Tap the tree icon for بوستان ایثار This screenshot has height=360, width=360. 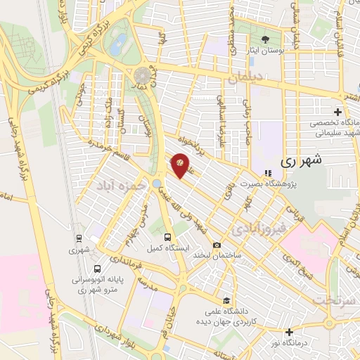pyautogui.click(x=265, y=39)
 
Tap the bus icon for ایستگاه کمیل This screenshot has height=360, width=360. pyautogui.click(x=167, y=237)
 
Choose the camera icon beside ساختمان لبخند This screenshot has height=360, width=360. pyautogui.click(x=216, y=244)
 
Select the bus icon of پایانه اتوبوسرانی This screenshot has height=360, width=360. pyautogui.click(x=96, y=268)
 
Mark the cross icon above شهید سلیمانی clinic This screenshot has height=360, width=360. pyautogui.click(x=338, y=111)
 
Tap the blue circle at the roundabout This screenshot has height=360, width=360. pyautogui.click(x=155, y=183)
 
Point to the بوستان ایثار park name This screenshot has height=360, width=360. pyautogui.click(x=265, y=51)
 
